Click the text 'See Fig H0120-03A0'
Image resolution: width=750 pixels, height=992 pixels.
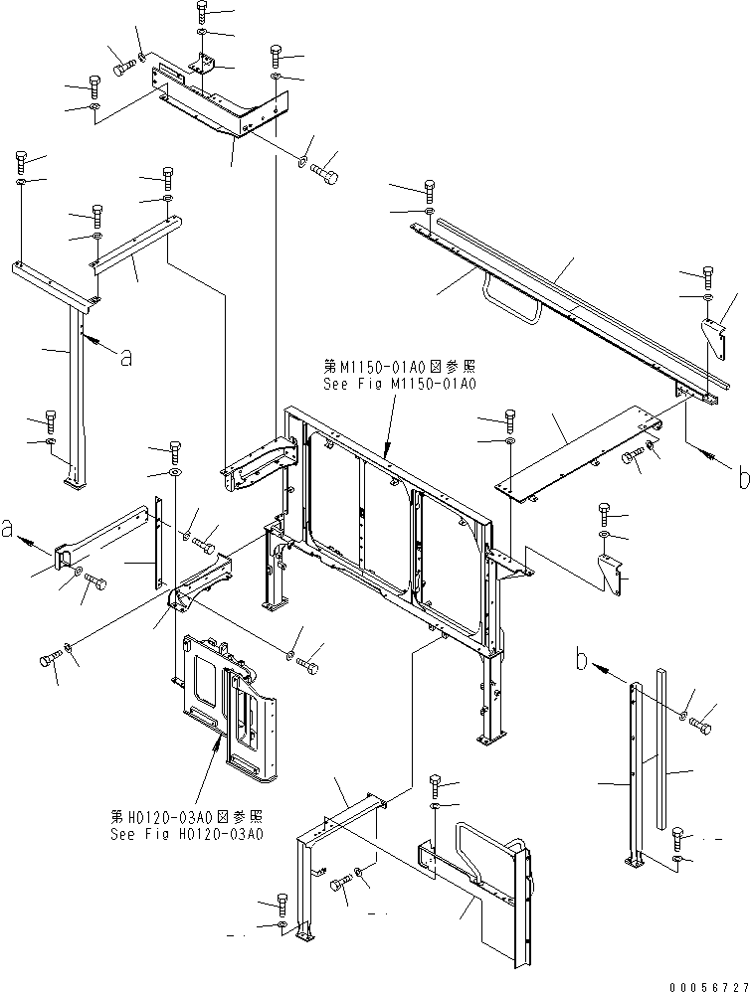pyautogui.click(x=187, y=834)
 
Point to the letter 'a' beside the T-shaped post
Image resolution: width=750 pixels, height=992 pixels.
pyautogui.click(x=125, y=359)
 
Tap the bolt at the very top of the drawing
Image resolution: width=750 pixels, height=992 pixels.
pyautogui.click(x=202, y=13)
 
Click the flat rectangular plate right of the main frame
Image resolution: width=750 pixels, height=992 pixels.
pyautogui.click(x=578, y=457)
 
